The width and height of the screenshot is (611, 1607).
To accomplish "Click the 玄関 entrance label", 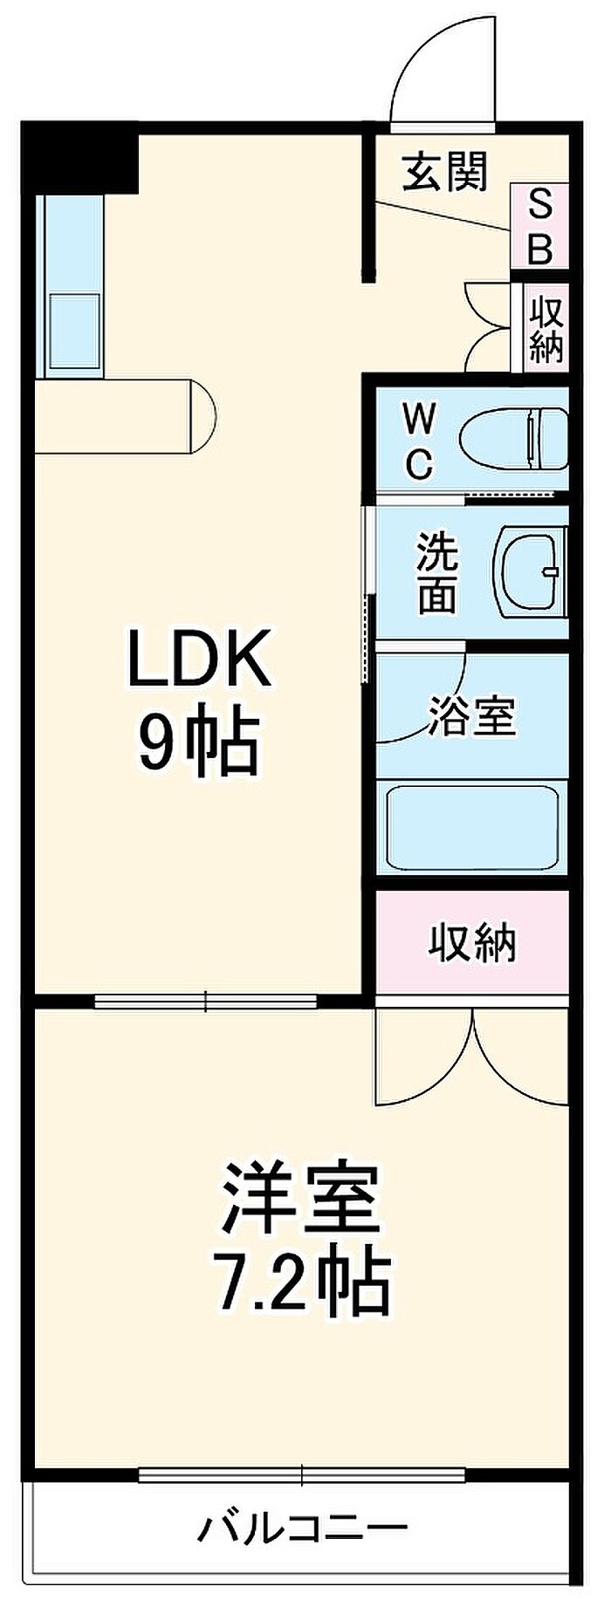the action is click(x=444, y=172).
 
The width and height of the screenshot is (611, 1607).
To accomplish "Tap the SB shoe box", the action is click(x=540, y=227).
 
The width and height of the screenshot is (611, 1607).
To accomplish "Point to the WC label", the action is click(x=419, y=441).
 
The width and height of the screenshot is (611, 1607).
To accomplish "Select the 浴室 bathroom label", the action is click(x=472, y=715).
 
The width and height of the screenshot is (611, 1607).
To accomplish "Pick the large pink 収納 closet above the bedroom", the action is click(x=472, y=942).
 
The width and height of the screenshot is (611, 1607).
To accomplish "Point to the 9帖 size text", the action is click(x=197, y=743).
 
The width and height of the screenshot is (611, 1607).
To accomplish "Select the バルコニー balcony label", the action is click(x=303, y=1527).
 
